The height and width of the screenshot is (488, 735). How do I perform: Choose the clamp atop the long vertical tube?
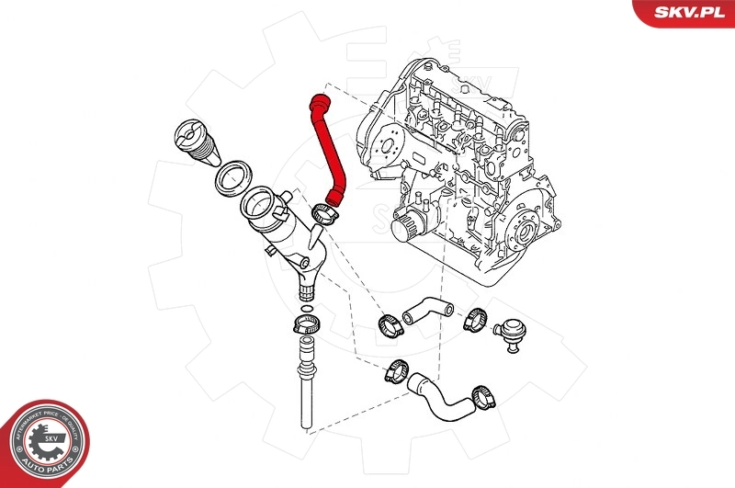[x=305, y=324]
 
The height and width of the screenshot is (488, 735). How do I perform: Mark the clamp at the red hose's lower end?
[x=327, y=213]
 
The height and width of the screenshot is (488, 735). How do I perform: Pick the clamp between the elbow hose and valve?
[x=475, y=319]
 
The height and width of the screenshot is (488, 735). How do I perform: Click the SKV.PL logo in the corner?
[x=684, y=12]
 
